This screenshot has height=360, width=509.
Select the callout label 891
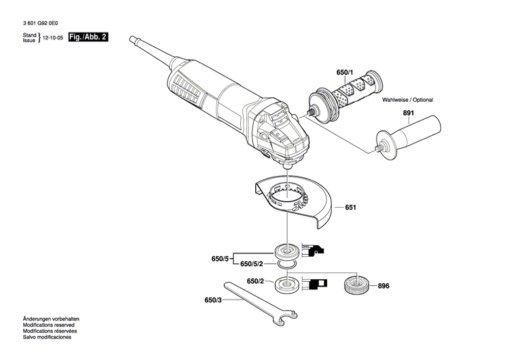coord(408,114)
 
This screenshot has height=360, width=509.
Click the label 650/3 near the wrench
coord(213,299)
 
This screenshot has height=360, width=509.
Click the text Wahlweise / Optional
coord(406,100)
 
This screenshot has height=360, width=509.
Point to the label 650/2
coord(255,281)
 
